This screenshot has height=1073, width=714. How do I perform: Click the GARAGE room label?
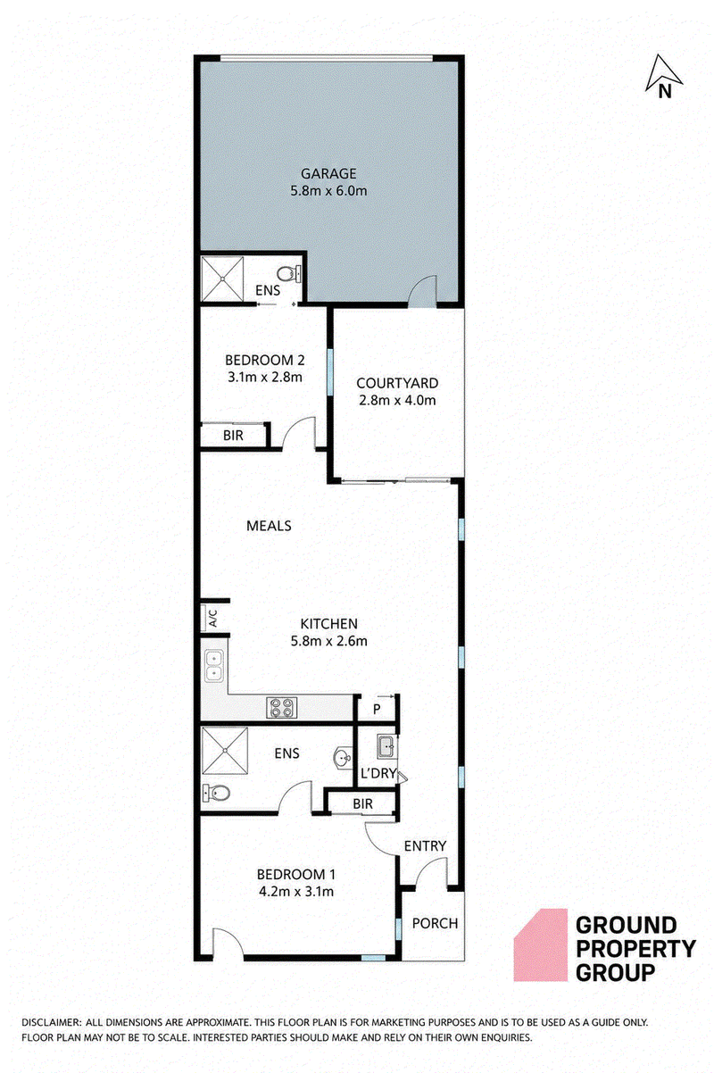coord(328,173)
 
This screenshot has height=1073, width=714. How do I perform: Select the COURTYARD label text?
coord(397,383)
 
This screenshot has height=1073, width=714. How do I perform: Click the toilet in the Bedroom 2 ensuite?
coord(289,274)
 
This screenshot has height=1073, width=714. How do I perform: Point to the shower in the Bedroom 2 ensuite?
coord(222,279)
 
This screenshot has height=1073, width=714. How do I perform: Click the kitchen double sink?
coord(213,666)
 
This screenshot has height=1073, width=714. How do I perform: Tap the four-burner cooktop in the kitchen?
coord(281,708)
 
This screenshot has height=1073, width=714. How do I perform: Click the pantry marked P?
coord(377,709)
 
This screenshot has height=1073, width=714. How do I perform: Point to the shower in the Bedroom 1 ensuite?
coord(225,751)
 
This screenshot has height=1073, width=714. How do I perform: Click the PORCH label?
coord(435,923)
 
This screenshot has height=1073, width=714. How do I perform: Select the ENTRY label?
coord(425,846)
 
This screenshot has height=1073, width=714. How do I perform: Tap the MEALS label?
coord(269,526)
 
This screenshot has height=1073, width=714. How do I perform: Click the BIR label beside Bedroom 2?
coord(233,436)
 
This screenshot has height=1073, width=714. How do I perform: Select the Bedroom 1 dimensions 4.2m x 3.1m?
coord(296,892)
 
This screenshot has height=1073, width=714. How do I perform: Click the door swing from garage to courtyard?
coord(421,290)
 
